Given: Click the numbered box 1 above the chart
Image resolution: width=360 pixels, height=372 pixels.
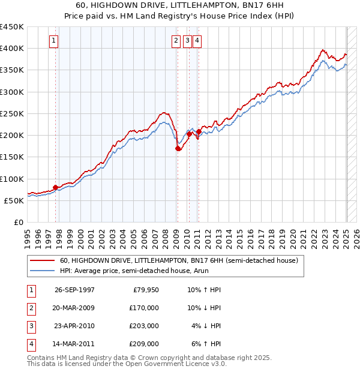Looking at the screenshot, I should [x=54, y=41].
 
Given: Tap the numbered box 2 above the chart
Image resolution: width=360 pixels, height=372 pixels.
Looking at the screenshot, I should [x=176, y=41].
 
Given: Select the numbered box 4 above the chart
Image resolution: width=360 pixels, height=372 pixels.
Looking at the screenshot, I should [x=197, y=41].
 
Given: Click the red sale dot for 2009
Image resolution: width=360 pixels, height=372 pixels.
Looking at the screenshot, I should [x=178, y=148].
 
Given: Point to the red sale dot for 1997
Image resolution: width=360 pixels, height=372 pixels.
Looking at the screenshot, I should [x=55, y=187].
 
